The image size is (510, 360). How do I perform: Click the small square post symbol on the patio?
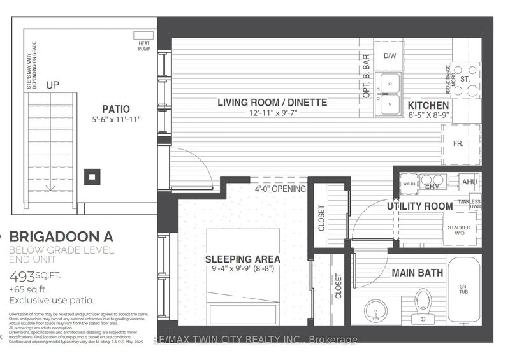[93, 176]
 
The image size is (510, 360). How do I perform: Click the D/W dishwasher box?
[389, 56]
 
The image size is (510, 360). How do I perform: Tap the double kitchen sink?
[388, 94]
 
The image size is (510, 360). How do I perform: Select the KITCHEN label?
[428, 106]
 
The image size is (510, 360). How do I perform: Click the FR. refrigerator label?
[458, 144]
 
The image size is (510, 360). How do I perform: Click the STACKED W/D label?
[460, 229]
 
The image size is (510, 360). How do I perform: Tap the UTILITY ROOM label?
[419, 206]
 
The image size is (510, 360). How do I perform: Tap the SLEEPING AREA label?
[244, 260]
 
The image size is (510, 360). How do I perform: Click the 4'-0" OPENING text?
[280, 189]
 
